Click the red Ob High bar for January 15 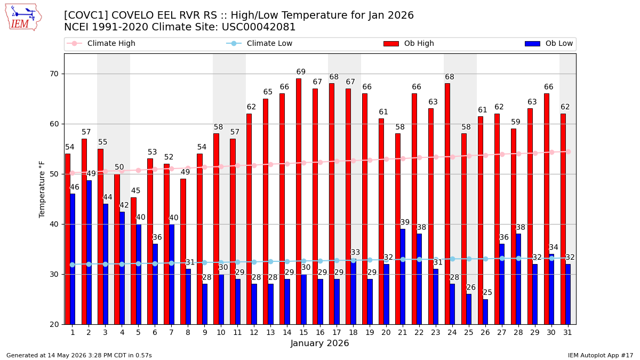[299, 202]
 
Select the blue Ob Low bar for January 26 [485, 312]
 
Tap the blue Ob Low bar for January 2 [89, 253]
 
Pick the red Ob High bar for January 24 [447, 204]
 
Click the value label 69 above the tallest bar [301, 71]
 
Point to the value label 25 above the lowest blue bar [487, 292]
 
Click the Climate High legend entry [101, 43]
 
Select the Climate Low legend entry [259, 43]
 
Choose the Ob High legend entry [409, 43]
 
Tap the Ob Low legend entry [549, 43]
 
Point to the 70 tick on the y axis [54, 74]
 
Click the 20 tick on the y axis [54, 325]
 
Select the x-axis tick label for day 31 [567, 333]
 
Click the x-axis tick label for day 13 [270, 333]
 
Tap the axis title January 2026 [319, 343]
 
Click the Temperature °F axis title [42, 189]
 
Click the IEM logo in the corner [23, 17]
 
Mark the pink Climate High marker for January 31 [569, 151]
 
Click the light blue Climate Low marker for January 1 [73, 265]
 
